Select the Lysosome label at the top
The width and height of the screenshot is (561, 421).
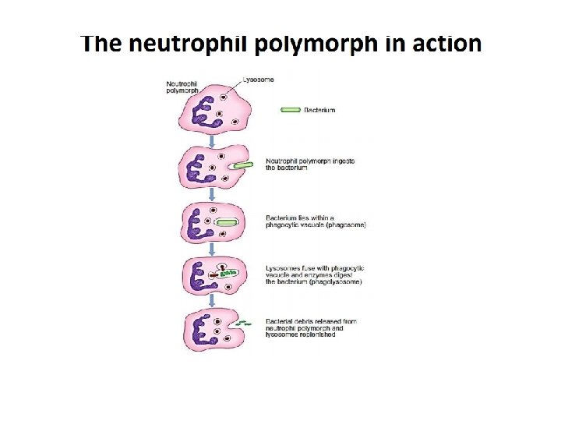point(258,79)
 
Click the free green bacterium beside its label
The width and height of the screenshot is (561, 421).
point(290,110)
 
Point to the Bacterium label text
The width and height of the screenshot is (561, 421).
point(319,110)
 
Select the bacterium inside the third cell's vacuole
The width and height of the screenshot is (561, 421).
point(227,223)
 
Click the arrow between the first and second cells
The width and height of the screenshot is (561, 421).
point(211,138)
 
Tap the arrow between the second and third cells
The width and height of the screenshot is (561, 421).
point(211,193)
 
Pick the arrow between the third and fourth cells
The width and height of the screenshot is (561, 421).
point(211,249)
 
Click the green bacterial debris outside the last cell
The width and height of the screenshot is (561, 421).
point(244,323)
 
